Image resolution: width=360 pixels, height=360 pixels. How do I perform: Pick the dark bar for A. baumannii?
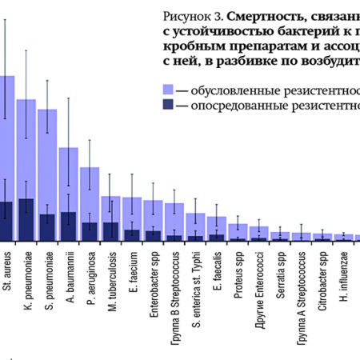[x=69, y=226]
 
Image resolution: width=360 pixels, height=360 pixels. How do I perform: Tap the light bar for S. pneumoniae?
[x=47, y=160]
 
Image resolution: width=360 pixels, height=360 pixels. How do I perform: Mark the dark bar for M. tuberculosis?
[x=110, y=231]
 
